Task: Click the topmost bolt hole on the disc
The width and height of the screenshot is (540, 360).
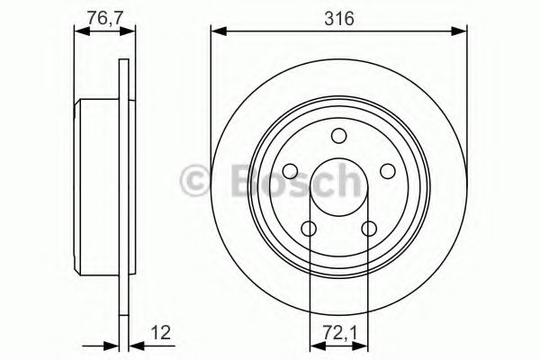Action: coord(338,136)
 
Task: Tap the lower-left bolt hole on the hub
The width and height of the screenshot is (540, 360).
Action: coord(308,229)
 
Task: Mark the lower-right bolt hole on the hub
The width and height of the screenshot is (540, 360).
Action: coord(369,229)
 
